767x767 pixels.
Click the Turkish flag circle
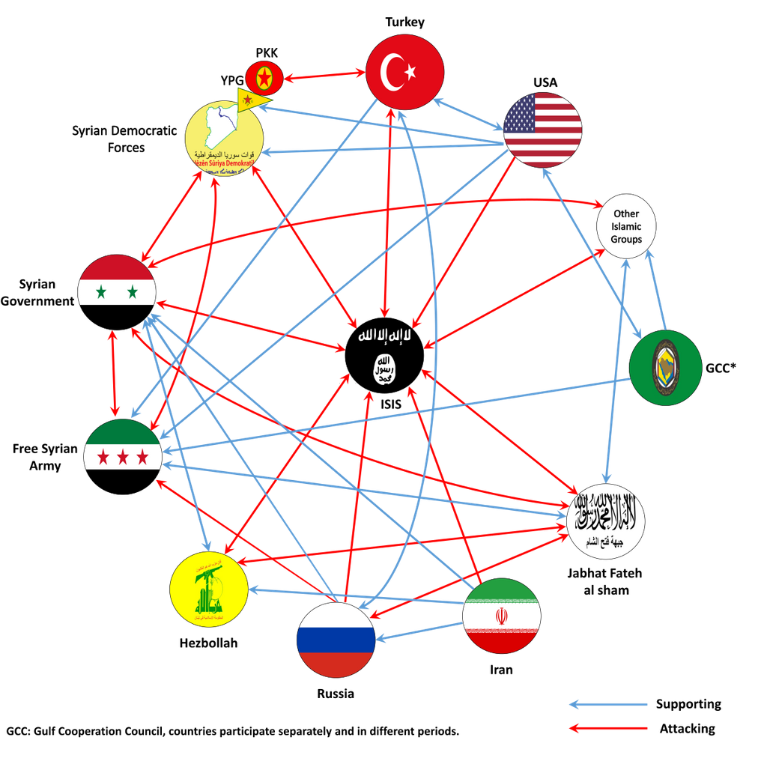coord(404,72)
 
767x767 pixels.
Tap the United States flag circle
coord(542,130)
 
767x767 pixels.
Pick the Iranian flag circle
coord(501,616)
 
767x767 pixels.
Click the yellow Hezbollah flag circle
coord(208,589)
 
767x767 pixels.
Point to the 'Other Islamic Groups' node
coord(626,225)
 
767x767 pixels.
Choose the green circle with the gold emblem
coord(665,368)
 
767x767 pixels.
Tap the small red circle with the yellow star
coord(263,76)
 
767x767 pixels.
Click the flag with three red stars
coord(122,445)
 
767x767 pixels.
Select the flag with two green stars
coord(117,281)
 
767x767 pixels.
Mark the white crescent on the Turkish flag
coord(392,72)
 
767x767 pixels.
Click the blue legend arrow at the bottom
coord(608,704)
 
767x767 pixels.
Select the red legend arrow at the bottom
coord(608,727)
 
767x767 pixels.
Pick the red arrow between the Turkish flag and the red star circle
coord(324,75)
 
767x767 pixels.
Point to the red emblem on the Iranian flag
coord(501,616)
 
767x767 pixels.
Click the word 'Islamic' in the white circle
coord(626,226)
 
